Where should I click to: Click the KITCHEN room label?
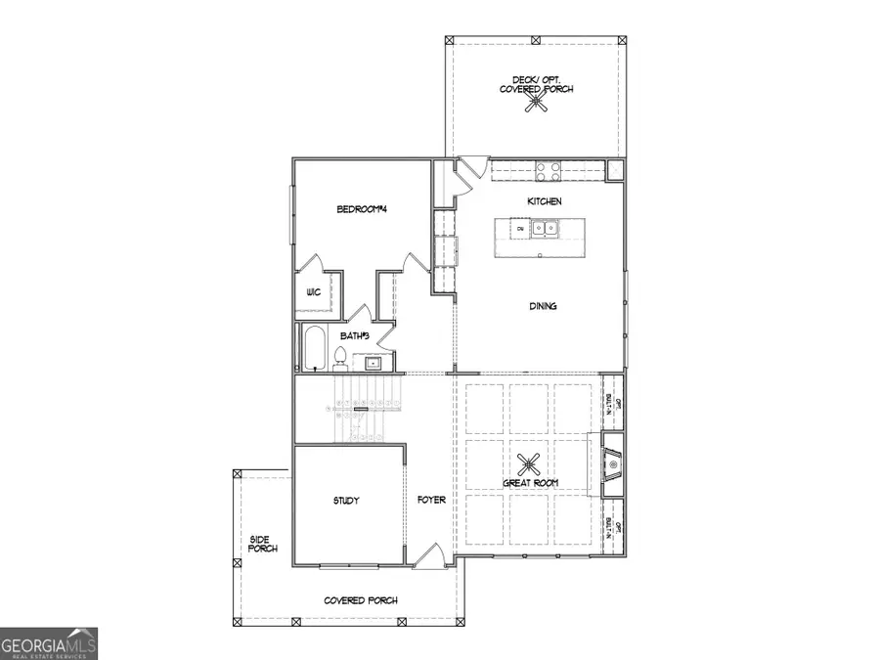tap(545, 200)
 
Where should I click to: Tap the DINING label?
tap(543, 306)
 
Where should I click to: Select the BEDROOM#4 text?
tap(363, 208)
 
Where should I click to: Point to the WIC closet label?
tap(314, 292)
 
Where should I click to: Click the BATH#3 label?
tap(354, 335)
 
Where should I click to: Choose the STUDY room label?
tap(345, 501)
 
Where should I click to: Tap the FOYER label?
tap(431, 501)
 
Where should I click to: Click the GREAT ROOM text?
tap(531, 483)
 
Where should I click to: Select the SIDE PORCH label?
tap(263, 544)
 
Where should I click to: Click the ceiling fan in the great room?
tap(530, 462)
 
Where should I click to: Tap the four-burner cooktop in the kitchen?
tap(548, 172)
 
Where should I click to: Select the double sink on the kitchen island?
tap(543, 230)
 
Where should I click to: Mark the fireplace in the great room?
tap(608, 465)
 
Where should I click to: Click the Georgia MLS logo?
tap(49, 644)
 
